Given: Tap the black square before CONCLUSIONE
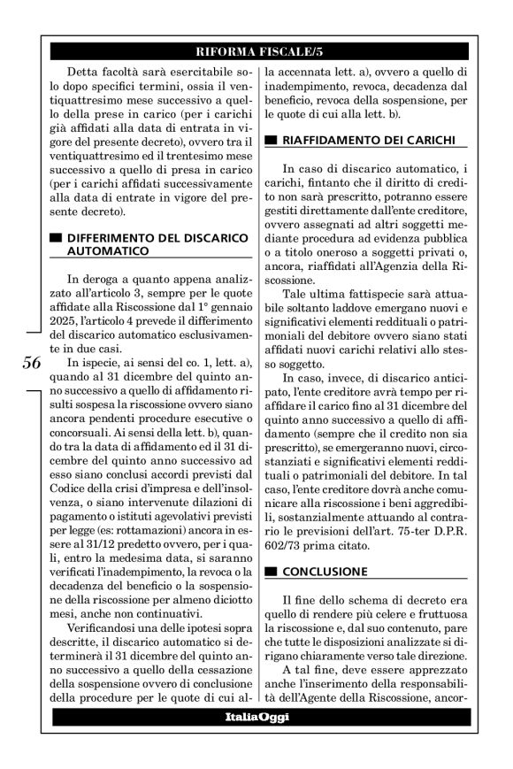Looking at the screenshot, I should click(271, 571).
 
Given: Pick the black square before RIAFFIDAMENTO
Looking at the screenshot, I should click(271, 140).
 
